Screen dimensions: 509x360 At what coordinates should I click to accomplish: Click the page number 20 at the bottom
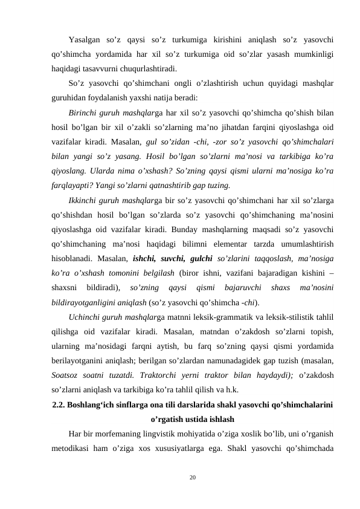[192, 478]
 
